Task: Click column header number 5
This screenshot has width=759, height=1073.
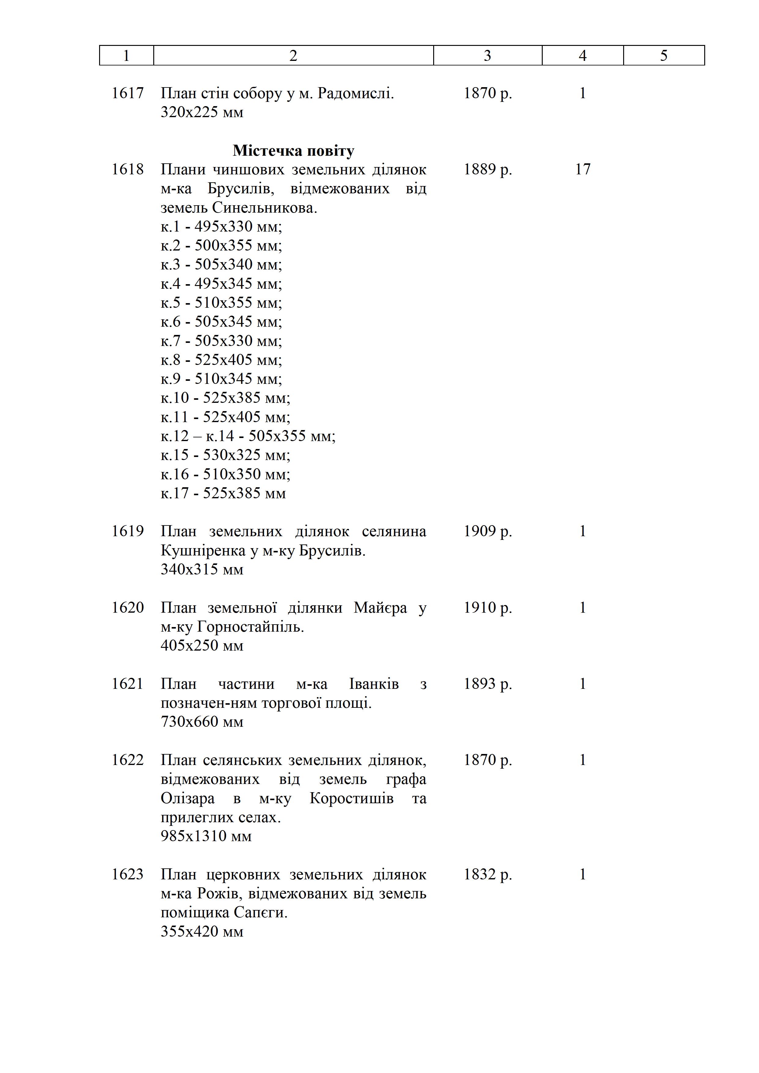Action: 663,56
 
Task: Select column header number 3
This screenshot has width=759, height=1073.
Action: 487,56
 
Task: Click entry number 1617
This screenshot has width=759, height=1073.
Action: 127,94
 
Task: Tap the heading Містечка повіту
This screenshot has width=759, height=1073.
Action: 293,151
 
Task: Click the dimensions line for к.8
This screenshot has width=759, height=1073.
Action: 221,360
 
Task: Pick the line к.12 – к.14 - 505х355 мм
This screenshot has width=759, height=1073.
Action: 248,436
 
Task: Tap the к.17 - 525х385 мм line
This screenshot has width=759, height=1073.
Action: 223,493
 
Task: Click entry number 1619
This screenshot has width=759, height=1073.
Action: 127,531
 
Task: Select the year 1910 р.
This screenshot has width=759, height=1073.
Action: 487,607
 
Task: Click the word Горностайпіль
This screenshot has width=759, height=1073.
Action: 251,627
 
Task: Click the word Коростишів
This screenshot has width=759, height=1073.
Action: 352,799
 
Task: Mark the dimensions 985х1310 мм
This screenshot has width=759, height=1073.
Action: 206,836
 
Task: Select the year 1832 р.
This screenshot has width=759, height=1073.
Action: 487,874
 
